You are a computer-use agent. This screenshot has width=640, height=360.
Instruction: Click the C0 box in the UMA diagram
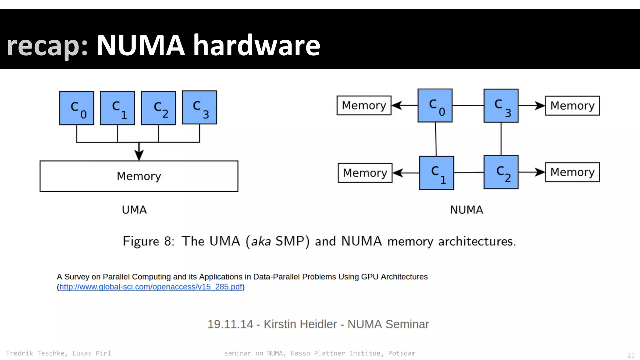click(77, 108)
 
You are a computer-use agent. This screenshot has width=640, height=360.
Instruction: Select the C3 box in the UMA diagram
click(199, 107)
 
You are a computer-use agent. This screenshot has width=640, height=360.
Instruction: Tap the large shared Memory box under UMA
click(139, 176)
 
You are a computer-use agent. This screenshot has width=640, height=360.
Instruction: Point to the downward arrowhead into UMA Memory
click(139, 155)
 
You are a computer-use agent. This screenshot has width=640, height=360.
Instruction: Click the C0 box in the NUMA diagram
click(435, 106)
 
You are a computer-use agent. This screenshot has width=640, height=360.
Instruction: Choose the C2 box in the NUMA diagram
click(501, 172)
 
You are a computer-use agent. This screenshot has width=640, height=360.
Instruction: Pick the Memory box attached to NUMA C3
click(572, 106)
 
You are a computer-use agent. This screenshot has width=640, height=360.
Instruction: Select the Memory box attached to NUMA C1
click(365, 173)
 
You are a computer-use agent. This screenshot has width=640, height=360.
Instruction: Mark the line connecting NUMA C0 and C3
click(468, 106)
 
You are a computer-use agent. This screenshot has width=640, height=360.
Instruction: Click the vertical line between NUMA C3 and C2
click(501, 139)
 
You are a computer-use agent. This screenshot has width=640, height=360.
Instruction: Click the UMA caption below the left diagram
click(134, 210)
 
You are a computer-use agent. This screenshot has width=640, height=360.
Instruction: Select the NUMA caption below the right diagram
click(467, 210)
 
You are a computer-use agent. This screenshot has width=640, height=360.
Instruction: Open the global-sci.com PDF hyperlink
click(151, 287)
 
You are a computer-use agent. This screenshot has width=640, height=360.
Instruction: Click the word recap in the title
click(47, 46)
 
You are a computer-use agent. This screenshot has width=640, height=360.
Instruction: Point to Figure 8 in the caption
click(148, 241)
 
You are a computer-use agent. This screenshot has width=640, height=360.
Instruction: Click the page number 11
click(631, 355)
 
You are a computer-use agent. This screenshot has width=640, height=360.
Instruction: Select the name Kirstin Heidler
click(300, 324)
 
